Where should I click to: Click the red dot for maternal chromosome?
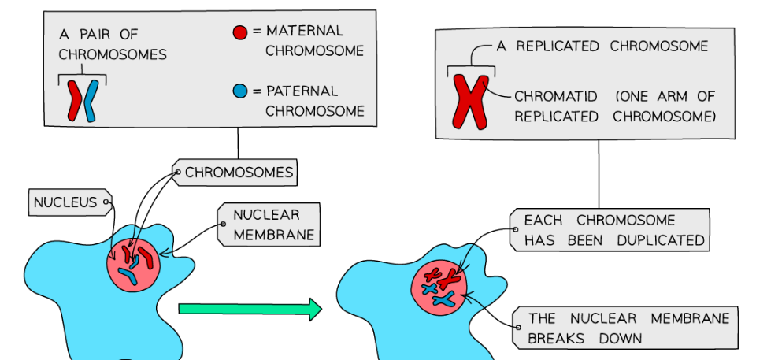240,33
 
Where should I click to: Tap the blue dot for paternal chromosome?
240,91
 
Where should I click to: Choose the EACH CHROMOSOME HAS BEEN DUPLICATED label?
610,230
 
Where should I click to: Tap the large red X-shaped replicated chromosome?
471,101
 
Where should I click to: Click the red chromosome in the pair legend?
76,101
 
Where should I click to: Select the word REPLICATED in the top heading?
561,46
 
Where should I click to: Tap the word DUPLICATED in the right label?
658,240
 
